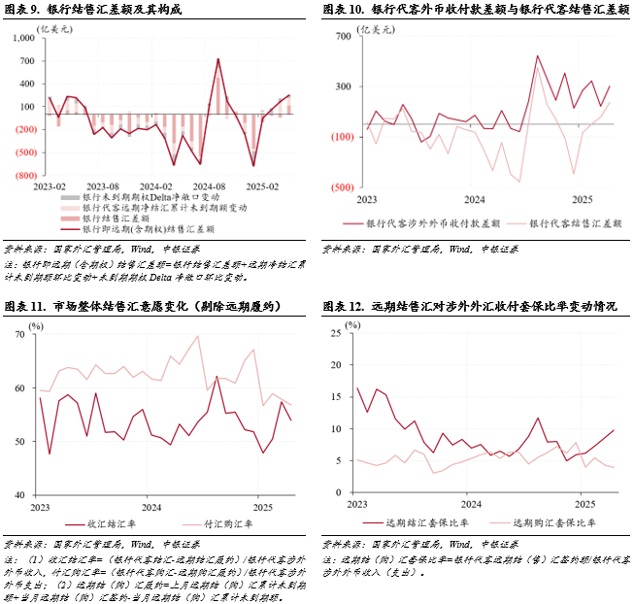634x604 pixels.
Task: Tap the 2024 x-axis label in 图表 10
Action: pos(474,199)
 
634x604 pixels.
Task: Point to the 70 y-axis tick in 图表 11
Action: pos(19,335)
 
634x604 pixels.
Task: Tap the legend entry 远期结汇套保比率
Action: pos(426,521)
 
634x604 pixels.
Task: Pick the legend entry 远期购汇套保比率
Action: pos(552,521)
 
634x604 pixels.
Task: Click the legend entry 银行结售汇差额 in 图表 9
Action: pos(108,219)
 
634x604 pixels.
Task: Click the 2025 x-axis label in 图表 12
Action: pos(584,505)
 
